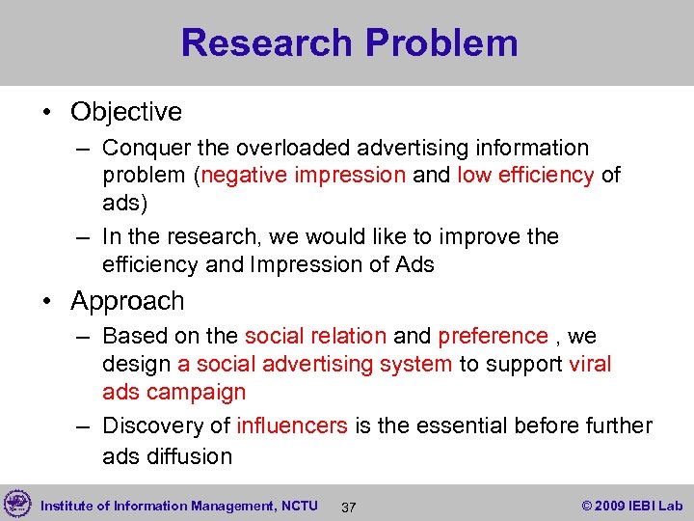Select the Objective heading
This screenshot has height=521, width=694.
125,112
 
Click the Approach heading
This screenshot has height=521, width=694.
127,301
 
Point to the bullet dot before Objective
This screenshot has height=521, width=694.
48,113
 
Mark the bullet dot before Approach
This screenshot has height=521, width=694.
48,302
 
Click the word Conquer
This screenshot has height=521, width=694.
144,149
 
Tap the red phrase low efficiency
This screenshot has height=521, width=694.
524,176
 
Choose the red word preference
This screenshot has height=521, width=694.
493,337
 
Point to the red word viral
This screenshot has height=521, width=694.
590,365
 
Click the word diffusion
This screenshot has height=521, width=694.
189,455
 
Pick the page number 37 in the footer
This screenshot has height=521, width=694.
349,507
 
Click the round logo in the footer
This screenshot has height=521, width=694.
17,504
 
